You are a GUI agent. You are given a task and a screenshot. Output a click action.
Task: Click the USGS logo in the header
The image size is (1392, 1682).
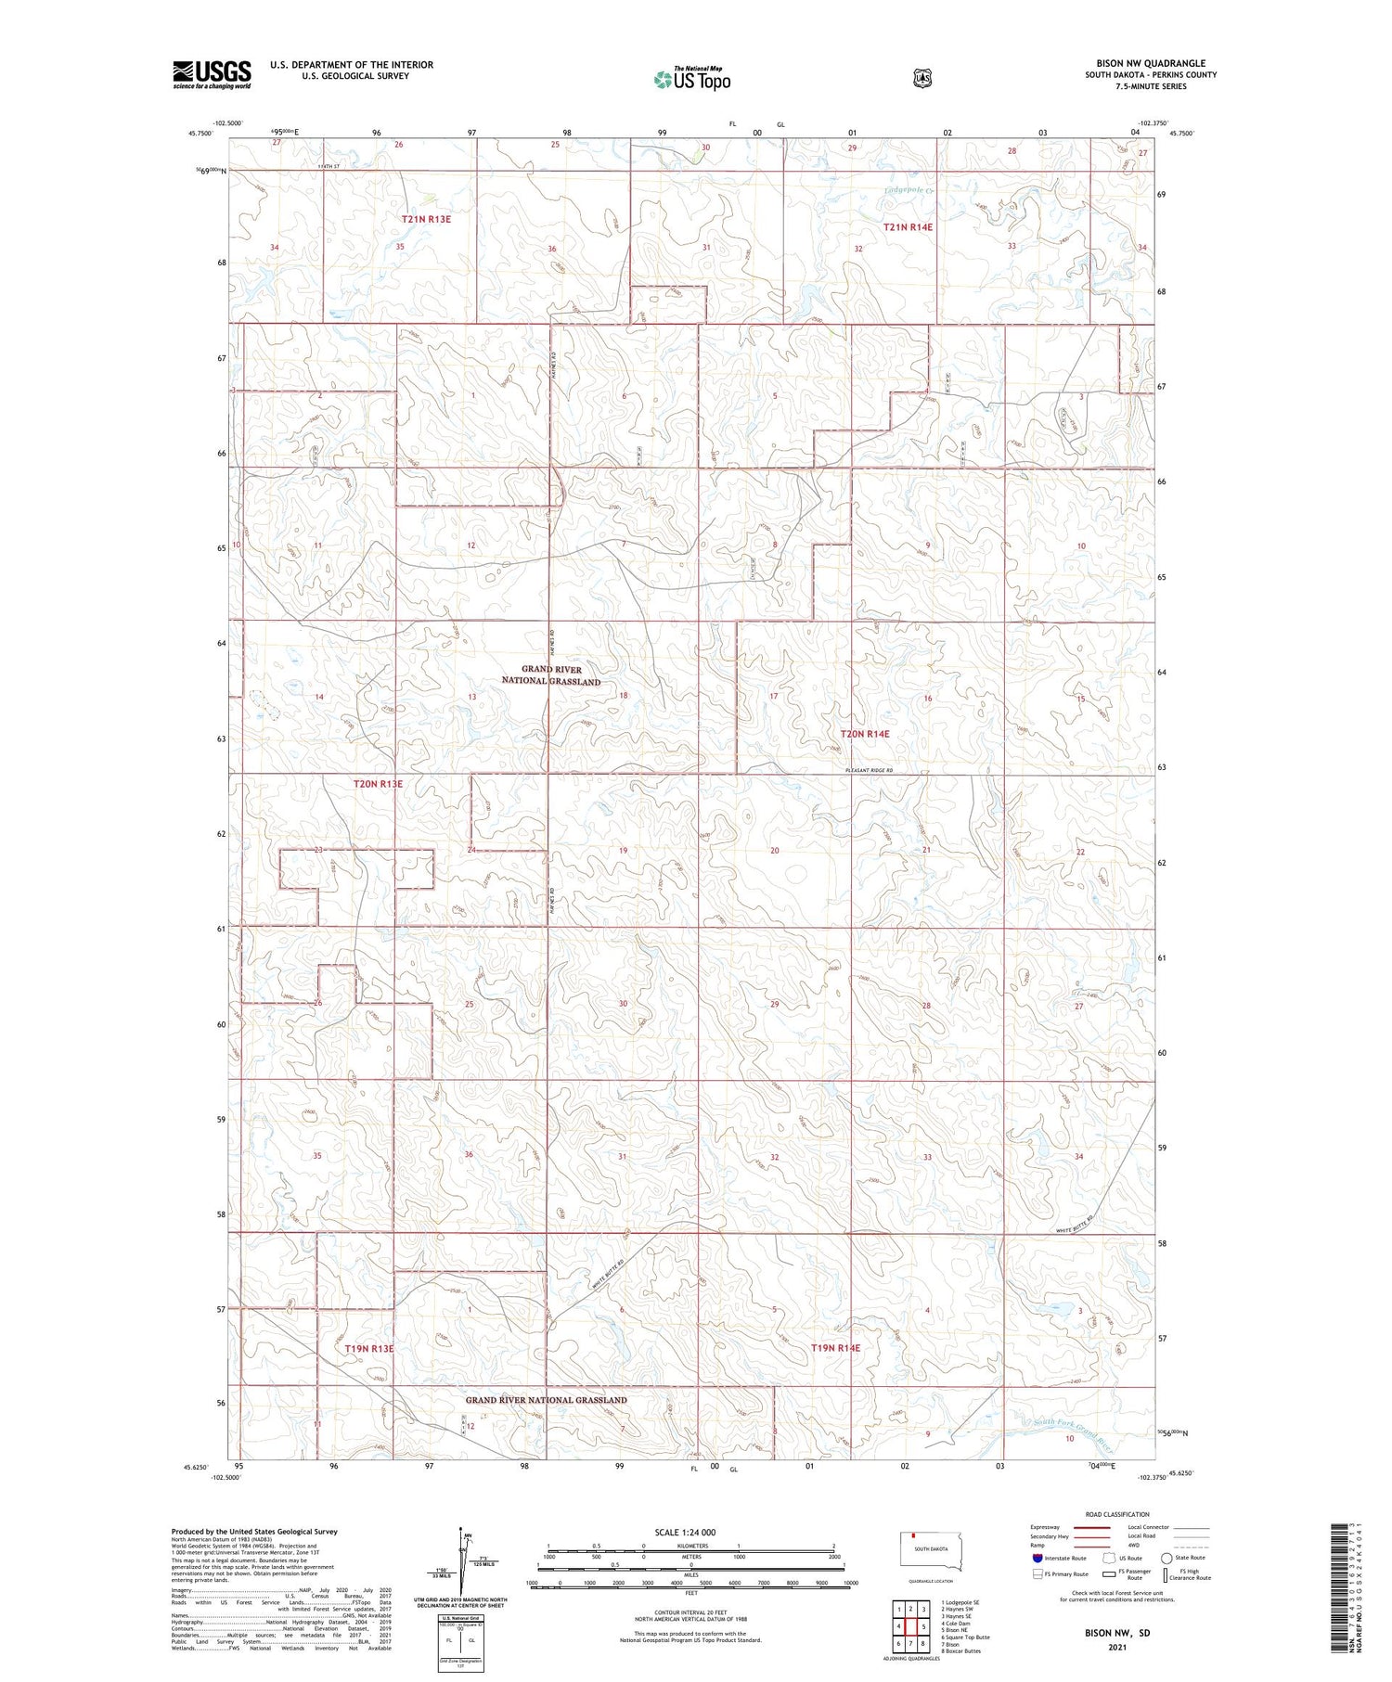pos(212,74)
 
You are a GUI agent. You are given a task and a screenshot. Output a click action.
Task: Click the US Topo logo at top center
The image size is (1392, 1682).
pos(691,80)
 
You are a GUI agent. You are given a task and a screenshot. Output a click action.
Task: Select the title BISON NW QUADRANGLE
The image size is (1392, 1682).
pos(1151,64)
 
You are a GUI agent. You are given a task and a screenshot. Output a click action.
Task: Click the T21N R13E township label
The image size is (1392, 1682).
pos(426,219)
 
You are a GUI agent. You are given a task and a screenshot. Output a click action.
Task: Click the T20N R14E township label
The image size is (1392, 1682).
pos(864,734)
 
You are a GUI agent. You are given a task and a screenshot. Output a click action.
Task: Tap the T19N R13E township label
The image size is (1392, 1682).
pos(369,1348)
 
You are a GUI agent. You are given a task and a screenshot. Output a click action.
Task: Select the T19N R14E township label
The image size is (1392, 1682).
pos(835,1347)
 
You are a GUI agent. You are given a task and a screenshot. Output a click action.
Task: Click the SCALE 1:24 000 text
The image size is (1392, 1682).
pos(685,1532)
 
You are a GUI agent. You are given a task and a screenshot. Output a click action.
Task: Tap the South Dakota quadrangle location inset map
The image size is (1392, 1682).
pos(932,1551)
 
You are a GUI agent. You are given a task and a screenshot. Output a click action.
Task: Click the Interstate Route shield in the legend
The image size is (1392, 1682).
pos(1037,1558)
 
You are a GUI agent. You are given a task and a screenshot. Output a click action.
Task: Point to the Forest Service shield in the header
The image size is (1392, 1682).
pos(922,79)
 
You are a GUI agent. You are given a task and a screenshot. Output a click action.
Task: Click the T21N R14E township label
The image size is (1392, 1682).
pos(908,226)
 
